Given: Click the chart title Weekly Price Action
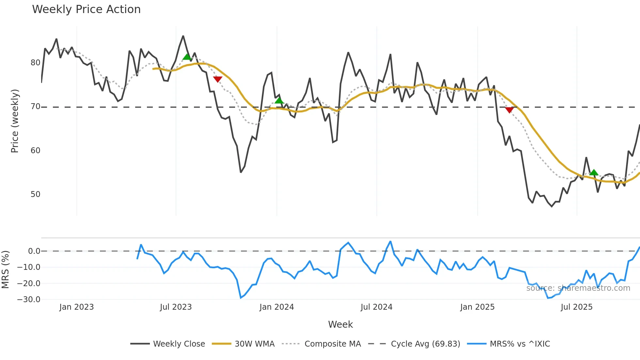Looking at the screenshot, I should click(86, 9).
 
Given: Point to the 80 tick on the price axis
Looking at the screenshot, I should click(35, 63).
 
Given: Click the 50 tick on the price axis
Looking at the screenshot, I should click(35, 194).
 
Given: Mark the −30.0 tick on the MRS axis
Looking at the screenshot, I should click(29, 299).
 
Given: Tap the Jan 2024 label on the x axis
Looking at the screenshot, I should click(277, 307).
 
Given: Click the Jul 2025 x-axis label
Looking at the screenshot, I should click(576, 307).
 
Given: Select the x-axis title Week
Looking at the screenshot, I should click(340, 324).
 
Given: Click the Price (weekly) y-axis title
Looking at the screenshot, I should click(15, 121).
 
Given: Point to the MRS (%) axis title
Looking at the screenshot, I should click(5, 270).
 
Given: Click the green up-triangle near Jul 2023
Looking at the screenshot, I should click(187, 57).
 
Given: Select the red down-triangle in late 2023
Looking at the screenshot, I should click(217, 79).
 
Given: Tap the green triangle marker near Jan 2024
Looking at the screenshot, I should click(279, 100).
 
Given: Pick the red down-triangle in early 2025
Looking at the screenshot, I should click(509, 110).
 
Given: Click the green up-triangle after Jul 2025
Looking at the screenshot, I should click(594, 172).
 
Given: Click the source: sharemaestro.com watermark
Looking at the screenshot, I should click(578, 288).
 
